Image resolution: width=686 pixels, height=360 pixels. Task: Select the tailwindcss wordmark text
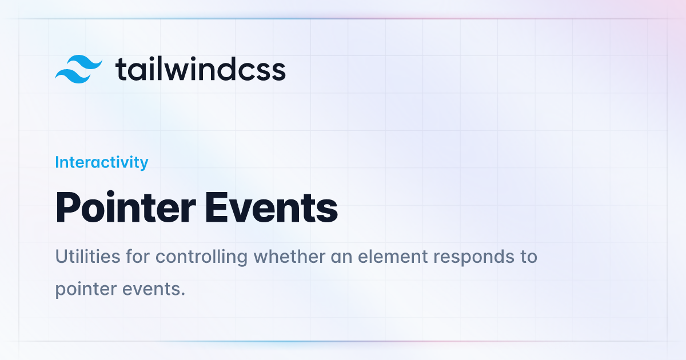coord(200,69)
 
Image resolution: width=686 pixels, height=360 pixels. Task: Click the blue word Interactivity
coord(102,162)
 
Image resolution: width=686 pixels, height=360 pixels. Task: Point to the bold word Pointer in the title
coord(125,207)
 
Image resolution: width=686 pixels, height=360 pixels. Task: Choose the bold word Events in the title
coord(272,207)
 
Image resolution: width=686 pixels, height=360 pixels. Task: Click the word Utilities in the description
coord(87,256)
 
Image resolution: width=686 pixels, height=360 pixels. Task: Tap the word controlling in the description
coord(201,257)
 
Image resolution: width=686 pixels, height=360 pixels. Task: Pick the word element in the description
coord(393,256)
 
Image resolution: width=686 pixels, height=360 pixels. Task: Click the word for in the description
coord(138,256)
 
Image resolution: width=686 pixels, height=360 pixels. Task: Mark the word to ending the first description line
coord(529,257)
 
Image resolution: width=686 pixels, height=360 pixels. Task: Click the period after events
coord(183,294)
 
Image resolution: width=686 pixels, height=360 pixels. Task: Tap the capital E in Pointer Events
coord(216,207)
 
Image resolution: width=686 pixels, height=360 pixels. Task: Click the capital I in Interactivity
coord(57,162)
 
